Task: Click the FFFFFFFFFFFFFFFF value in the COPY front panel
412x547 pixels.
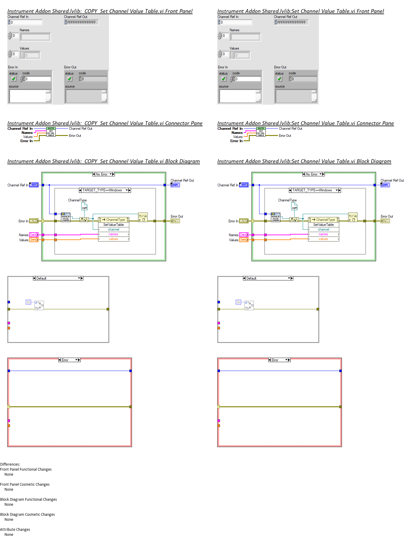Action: (81, 22)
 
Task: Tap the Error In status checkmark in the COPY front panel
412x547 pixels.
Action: (14, 79)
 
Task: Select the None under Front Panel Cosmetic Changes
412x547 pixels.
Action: (9, 489)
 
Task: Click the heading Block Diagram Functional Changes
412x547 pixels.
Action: (29, 500)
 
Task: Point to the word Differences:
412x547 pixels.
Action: (10, 464)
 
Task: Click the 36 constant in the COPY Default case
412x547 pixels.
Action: (28, 302)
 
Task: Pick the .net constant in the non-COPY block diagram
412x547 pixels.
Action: (294, 208)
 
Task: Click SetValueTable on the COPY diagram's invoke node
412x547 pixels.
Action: (113, 225)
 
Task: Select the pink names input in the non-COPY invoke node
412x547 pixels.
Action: (323, 234)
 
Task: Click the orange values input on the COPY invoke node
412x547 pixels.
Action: (113, 239)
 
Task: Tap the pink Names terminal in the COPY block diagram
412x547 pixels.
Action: (34, 235)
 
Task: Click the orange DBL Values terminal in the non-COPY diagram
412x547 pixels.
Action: (244, 240)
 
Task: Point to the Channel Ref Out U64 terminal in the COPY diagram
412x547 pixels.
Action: (175, 185)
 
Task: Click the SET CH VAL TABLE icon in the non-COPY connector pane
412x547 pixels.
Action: (261, 132)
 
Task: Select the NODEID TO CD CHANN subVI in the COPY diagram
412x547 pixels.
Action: (66, 217)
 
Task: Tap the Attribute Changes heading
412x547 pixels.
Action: (15, 530)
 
